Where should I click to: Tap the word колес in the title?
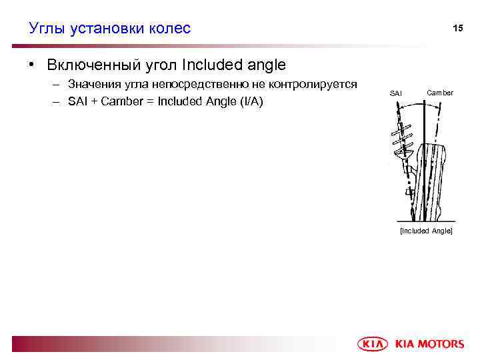[171, 28]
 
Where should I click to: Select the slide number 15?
[457, 29]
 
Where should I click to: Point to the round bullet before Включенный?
[31, 65]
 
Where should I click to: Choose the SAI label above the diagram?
[396, 93]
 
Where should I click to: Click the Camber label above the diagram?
[440, 93]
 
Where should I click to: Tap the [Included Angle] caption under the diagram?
[425, 230]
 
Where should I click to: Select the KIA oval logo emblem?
[373, 344]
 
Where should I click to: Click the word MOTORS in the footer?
[440, 344]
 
